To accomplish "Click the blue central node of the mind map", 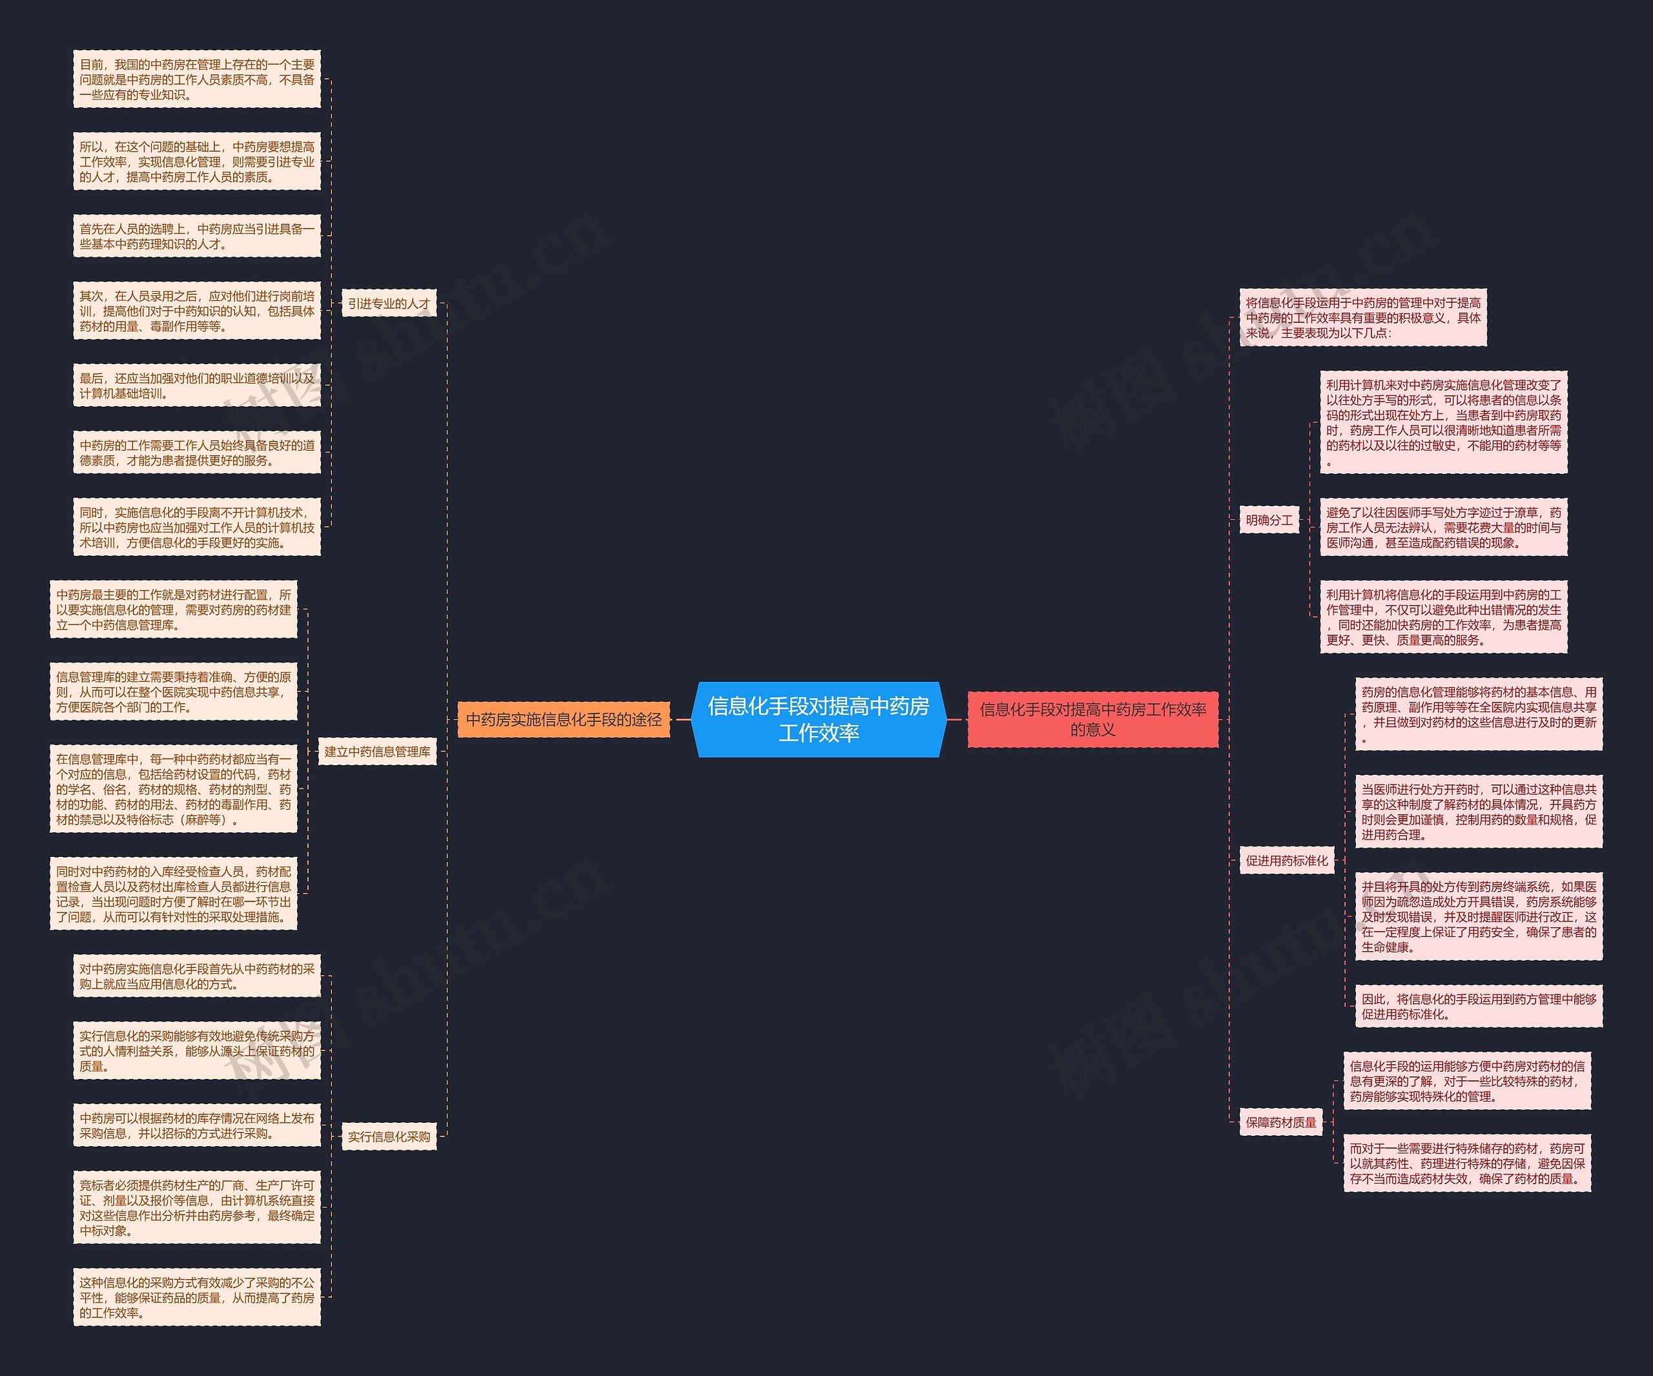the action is click(818, 719).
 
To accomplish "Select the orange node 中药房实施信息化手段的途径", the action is click(564, 719).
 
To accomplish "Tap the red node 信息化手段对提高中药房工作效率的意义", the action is click(1093, 719).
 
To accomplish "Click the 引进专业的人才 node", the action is click(389, 304).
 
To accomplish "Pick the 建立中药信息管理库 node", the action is click(378, 752).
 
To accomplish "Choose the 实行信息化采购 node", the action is click(389, 1136).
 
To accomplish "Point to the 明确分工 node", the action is click(1269, 520).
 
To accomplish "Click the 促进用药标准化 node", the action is click(1286, 860).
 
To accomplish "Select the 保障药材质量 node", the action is click(1280, 1122).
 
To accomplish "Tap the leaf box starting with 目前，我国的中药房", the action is click(197, 79).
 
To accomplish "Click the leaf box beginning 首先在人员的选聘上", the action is click(197, 236).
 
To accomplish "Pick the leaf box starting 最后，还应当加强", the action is click(197, 385).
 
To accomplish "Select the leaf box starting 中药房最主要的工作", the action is click(173, 610).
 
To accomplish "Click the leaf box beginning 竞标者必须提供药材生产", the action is click(197, 1207).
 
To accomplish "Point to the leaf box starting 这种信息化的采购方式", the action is click(197, 1297).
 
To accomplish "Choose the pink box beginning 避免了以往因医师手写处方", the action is click(1444, 528).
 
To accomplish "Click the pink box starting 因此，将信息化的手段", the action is click(1478, 1007).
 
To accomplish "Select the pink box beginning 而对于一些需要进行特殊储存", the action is click(1467, 1164).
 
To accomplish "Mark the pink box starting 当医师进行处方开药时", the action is click(1478, 812).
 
